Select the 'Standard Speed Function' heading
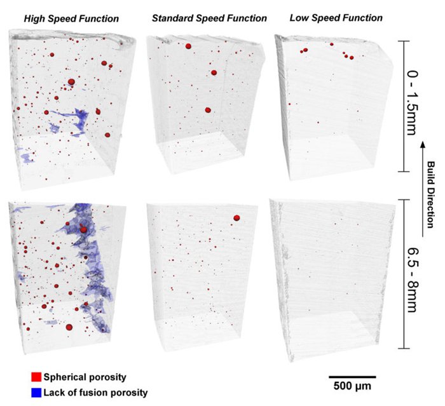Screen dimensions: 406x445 point(209,18)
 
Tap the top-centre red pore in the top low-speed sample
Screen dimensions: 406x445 point(331,44)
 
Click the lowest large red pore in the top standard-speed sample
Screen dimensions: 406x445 point(208,110)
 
